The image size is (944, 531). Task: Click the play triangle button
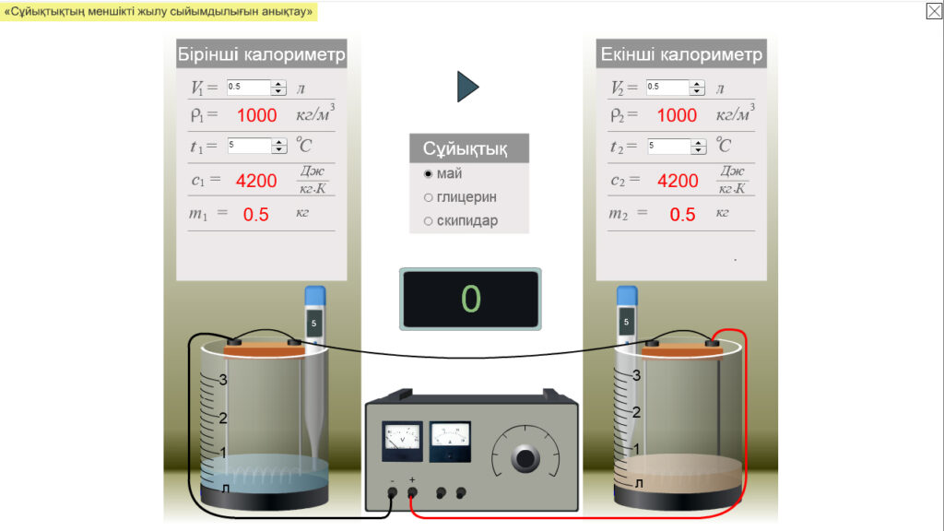(x=467, y=87)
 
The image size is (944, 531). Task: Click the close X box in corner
(x=934, y=11)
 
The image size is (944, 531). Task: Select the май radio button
(x=428, y=173)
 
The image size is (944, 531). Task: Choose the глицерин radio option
(x=428, y=197)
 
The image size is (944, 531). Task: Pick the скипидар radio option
(x=428, y=221)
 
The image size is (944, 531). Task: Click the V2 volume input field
(x=667, y=88)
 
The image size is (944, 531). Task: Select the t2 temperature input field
(x=667, y=146)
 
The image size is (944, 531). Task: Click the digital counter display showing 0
(x=470, y=299)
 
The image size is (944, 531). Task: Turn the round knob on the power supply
(x=526, y=457)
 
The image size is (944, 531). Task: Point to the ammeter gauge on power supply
(x=450, y=441)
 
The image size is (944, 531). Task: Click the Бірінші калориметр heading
(x=261, y=54)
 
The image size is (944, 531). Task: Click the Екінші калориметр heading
(x=681, y=54)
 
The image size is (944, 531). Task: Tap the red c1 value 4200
(x=256, y=181)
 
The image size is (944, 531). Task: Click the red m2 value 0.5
(x=682, y=215)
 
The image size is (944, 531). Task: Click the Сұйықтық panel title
(x=469, y=149)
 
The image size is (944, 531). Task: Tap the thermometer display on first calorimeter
(x=314, y=323)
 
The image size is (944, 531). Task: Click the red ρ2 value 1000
(x=677, y=115)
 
